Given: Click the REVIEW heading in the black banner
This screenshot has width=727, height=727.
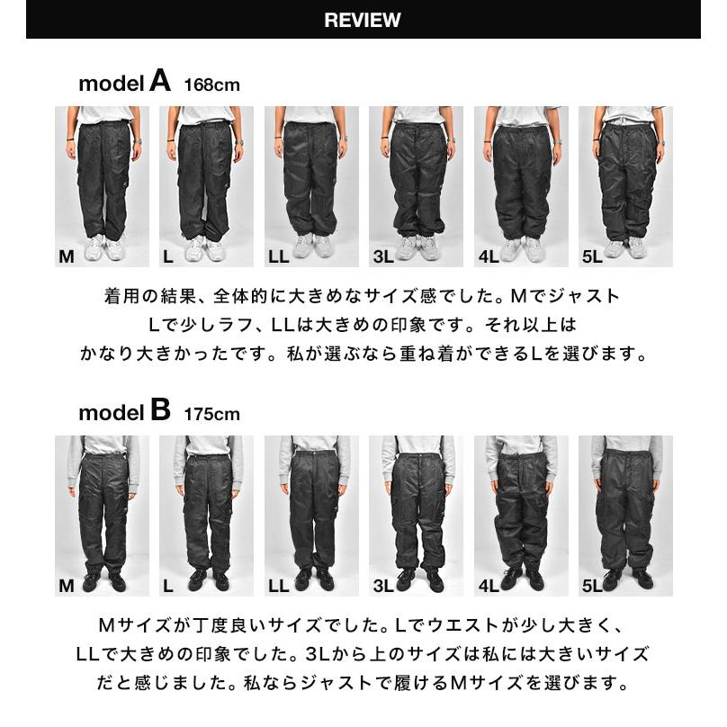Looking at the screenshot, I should [x=363, y=21].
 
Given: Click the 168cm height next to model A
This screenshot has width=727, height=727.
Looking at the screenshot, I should [x=211, y=85].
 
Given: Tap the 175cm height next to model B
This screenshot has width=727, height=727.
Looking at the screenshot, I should [x=211, y=414].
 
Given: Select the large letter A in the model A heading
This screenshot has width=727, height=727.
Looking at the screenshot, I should [x=160, y=82].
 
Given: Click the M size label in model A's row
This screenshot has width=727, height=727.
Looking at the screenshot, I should [x=66, y=257].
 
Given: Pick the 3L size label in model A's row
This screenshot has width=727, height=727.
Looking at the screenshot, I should [x=382, y=257].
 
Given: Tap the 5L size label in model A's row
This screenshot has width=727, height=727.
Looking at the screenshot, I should [x=591, y=257].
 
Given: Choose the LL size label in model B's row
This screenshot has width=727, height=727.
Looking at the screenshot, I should [x=278, y=587].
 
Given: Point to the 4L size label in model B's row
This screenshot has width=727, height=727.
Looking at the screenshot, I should [x=489, y=587].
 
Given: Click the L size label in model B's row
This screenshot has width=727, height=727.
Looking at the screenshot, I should [x=168, y=587].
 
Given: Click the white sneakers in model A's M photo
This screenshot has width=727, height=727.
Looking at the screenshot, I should [x=104, y=247].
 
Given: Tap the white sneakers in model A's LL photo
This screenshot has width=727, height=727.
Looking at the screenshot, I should [x=312, y=245].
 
